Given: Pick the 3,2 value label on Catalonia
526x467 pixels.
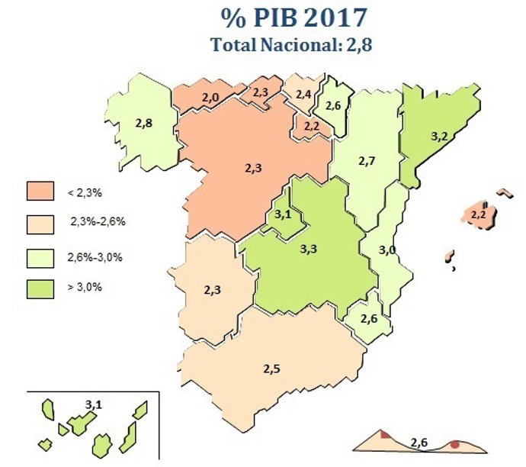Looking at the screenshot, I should [439, 137].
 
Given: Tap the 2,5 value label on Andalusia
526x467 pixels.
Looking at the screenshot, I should [271, 369].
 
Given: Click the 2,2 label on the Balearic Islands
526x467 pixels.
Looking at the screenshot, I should [479, 215].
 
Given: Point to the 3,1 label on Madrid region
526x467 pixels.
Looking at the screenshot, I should [283, 215].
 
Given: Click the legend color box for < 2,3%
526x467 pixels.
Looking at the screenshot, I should [40, 191].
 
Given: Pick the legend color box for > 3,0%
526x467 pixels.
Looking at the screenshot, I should [40, 288].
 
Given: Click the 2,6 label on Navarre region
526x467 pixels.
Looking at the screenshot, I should [333, 106].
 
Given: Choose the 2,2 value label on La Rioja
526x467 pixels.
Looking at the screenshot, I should [311, 125].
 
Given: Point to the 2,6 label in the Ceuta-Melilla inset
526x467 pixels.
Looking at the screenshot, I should [419, 442].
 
